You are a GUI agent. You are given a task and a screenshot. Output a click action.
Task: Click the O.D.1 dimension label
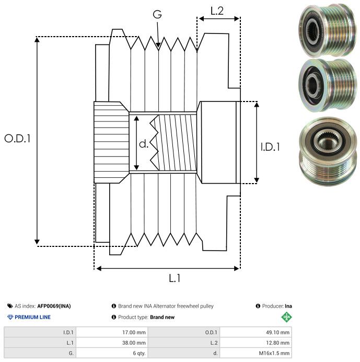tap(18, 139)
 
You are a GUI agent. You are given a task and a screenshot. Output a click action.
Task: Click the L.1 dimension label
tap(175, 278)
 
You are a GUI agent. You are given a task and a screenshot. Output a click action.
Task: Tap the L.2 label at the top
tap(217, 10)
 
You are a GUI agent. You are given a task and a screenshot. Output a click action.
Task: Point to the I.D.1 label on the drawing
tap(270, 147)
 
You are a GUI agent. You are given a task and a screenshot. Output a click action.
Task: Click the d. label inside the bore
tap(144, 144)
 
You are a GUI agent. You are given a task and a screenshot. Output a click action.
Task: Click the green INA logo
tap(287, 316)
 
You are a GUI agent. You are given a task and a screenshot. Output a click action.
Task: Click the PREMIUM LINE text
tap(33, 317)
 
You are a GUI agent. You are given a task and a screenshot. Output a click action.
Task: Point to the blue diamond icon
tap(10, 317)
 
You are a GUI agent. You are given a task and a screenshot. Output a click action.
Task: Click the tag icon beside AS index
tap(10, 306)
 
